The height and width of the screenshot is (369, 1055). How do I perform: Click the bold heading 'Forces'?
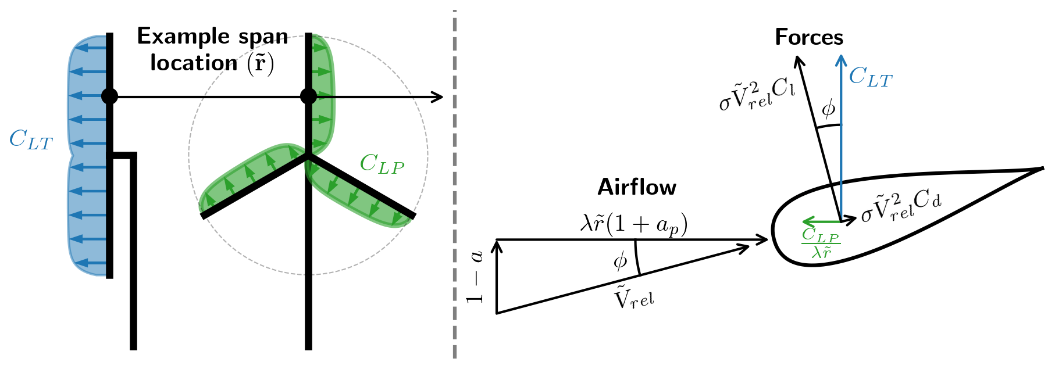tap(808, 38)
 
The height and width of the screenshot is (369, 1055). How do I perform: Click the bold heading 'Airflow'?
tap(637, 188)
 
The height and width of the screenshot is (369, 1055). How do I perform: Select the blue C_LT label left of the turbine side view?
tap(31, 140)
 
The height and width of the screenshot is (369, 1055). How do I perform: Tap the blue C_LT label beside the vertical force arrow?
tap(870, 77)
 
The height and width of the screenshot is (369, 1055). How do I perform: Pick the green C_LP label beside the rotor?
tap(382, 164)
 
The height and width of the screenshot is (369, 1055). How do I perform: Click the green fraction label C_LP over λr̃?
tap(820, 243)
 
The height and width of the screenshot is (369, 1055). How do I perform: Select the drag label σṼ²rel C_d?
tap(901, 207)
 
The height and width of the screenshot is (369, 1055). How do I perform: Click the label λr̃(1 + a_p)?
tap(633, 224)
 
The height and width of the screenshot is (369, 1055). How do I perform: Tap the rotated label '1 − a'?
tap(476, 277)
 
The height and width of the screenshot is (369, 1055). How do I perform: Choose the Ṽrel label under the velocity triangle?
tap(634, 299)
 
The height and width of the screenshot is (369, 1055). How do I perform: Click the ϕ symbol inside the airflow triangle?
tap(621, 261)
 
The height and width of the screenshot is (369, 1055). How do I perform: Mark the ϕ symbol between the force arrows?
tap(828, 109)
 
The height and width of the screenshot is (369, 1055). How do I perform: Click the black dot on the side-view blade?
tap(109, 96)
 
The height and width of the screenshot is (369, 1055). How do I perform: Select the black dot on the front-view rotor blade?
tap(308, 96)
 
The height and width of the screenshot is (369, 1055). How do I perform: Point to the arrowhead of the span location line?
tap(440, 96)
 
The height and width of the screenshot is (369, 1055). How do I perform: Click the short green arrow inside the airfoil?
tap(820, 221)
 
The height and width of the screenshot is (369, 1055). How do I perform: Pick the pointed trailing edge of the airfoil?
tap(1042, 169)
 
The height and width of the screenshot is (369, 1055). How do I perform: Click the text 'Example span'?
tap(212, 37)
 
